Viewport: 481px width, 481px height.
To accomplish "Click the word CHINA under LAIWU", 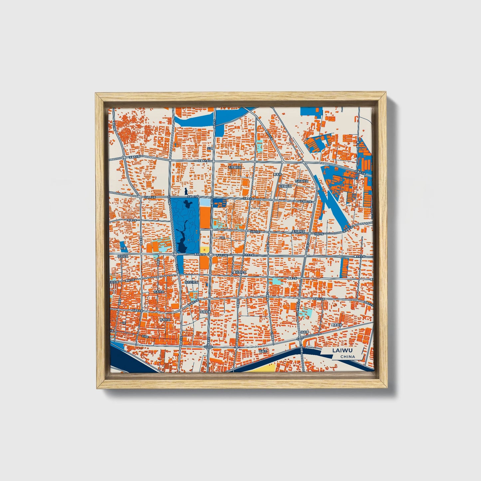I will pyautogui.click(x=348, y=357).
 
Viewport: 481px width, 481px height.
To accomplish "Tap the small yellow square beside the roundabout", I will pyautogui.click(x=205, y=250).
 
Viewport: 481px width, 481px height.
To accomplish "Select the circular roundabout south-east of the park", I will pyautogui.click(x=211, y=255).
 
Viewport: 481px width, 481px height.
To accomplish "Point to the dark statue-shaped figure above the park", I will pyautogui.click(x=186, y=191).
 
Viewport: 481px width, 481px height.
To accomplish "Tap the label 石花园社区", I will pyautogui.click(x=234, y=167).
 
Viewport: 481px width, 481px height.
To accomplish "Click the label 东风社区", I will pyautogui.click(x=159, y=292).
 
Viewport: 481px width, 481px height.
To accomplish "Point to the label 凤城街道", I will pyautogui.click(x=205, y=312).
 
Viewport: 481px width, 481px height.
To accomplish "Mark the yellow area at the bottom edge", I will pyautogui.click(x=263, y=367).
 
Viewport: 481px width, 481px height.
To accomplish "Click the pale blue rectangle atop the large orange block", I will pyautogui.click(x=205, y=202).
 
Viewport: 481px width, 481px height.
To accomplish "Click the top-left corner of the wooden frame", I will pyautogui.click(x=96, y=94).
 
